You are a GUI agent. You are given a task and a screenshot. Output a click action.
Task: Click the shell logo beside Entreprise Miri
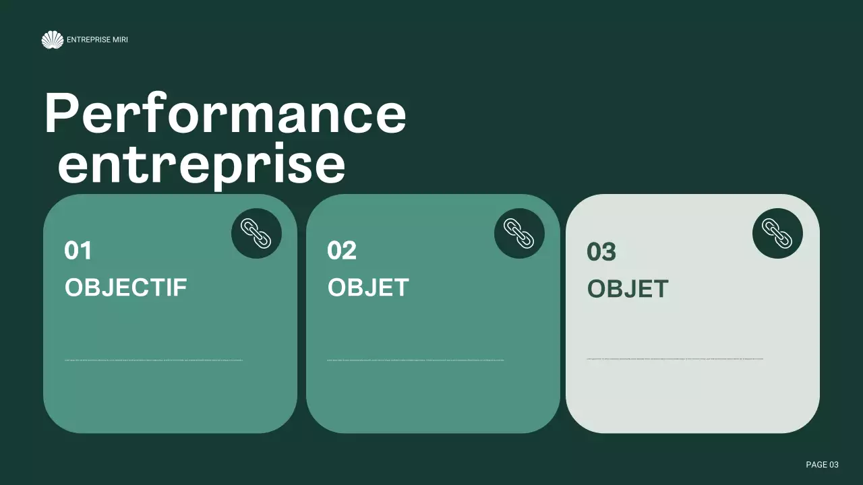click(52, 40)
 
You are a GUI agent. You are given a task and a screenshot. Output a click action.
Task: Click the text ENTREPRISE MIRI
click(97, 40)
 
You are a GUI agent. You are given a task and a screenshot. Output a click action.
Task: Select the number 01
click(78, 251)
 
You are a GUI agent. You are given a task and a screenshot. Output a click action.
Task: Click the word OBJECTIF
click(125, 288)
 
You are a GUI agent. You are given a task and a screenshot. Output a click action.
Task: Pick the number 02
click(341, 251)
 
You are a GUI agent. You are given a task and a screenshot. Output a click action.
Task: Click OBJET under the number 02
click(368, 288)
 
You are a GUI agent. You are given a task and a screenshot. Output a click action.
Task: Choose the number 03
click(601, 252)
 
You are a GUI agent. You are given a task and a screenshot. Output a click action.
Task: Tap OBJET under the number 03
click(628, 289)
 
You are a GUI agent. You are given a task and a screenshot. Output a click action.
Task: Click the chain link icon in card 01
click(256, 233)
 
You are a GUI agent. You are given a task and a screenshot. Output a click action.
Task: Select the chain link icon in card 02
click(519, 233)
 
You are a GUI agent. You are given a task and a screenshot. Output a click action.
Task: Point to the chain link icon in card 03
click(777, 233)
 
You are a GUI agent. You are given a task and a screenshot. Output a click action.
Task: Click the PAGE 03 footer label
click(822, 465)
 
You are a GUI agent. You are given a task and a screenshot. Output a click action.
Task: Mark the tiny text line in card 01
click(154, 360)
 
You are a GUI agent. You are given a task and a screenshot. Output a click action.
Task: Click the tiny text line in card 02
click(415, 360)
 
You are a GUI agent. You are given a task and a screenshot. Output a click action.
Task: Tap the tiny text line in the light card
click(675, 359)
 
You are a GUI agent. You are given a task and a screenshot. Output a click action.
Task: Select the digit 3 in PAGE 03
click(836, 465)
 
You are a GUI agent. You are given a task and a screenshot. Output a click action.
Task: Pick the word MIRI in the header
click(120, 40)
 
